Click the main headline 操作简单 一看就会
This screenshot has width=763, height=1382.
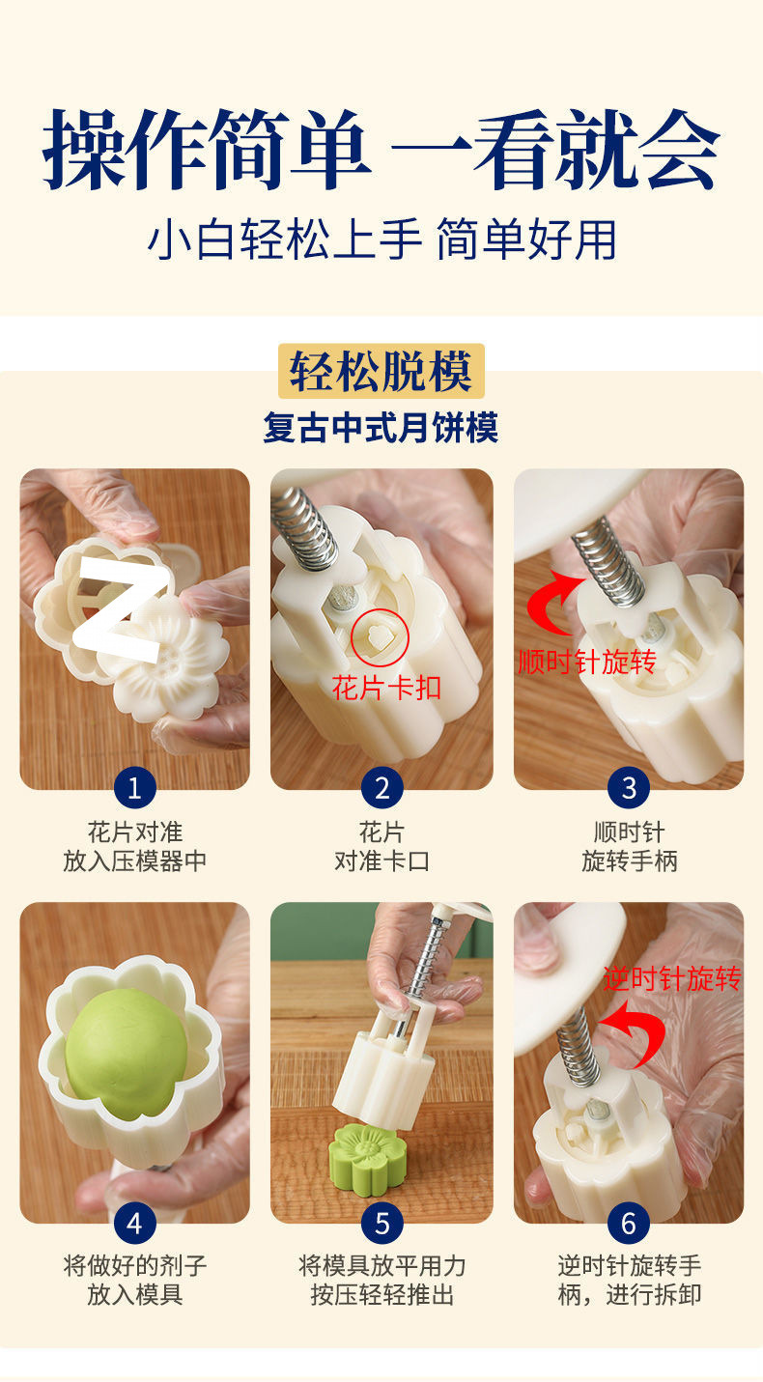tap(381, 150)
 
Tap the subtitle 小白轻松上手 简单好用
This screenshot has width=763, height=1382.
tap(381, 240)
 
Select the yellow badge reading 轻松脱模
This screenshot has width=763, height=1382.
tap(381, 372)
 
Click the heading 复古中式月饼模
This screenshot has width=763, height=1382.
tap(381, 426)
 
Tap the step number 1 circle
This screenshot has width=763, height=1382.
tap(134, 788)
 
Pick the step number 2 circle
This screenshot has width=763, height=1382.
tap(381, 788)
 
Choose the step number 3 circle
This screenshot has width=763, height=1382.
tap(629, 788)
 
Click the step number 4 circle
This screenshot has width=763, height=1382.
tap(134, 1224)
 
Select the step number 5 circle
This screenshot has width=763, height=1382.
tap(381, 1224)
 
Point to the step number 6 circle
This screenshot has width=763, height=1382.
tap(629, 1224)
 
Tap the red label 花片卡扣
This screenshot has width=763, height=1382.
tap(386, 688)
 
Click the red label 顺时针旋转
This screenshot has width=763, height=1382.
tap(586, 662)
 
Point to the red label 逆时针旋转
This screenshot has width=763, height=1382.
tap(671, 979)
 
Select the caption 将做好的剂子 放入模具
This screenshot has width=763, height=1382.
tap(134, 1280)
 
